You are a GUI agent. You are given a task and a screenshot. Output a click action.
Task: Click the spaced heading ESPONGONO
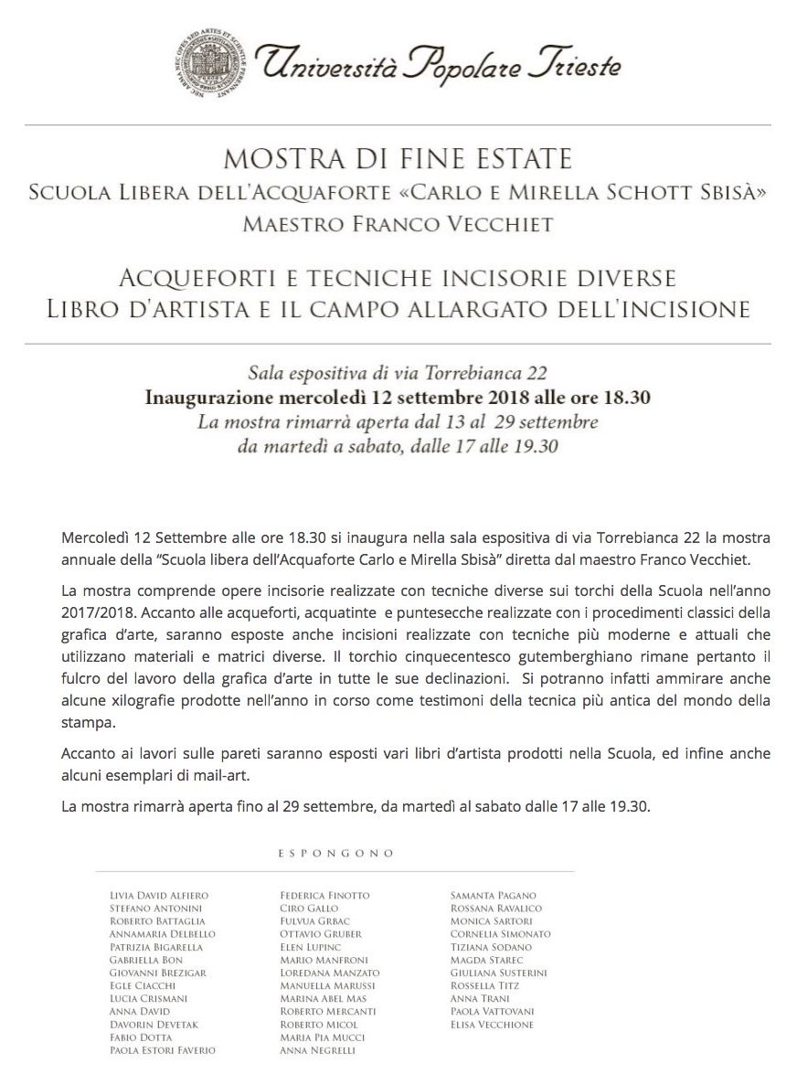335,853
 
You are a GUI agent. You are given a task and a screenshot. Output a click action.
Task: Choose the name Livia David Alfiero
158,895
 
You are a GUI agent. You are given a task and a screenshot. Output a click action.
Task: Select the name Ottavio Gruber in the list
321,934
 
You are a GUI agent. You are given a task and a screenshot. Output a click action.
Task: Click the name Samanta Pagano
494,895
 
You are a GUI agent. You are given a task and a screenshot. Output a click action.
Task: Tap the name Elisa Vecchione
492,1025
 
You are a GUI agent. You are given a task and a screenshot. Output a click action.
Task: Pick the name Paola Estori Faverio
162,1051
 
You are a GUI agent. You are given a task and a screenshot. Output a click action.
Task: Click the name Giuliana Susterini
498,973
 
